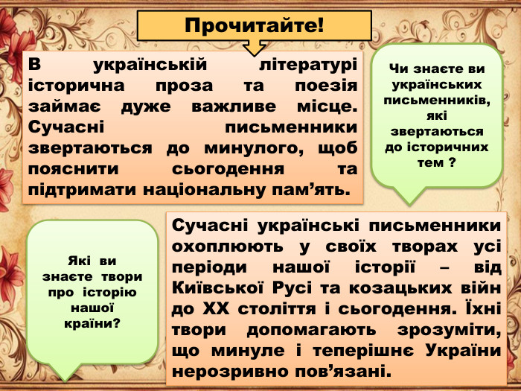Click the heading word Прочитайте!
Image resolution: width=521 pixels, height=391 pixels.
click(x=255, y=26)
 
